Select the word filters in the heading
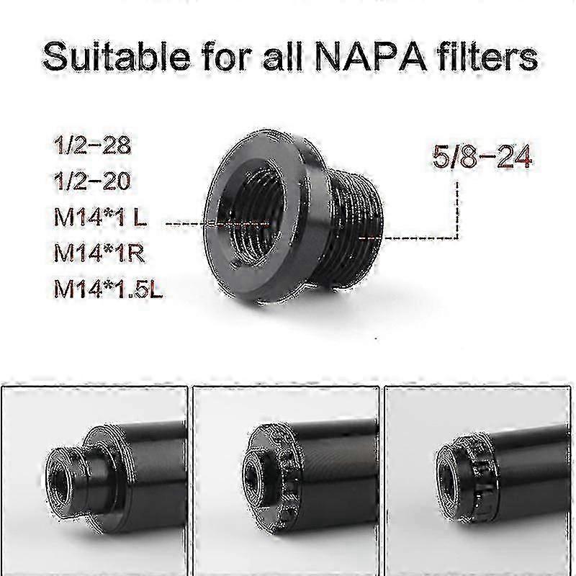492,56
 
